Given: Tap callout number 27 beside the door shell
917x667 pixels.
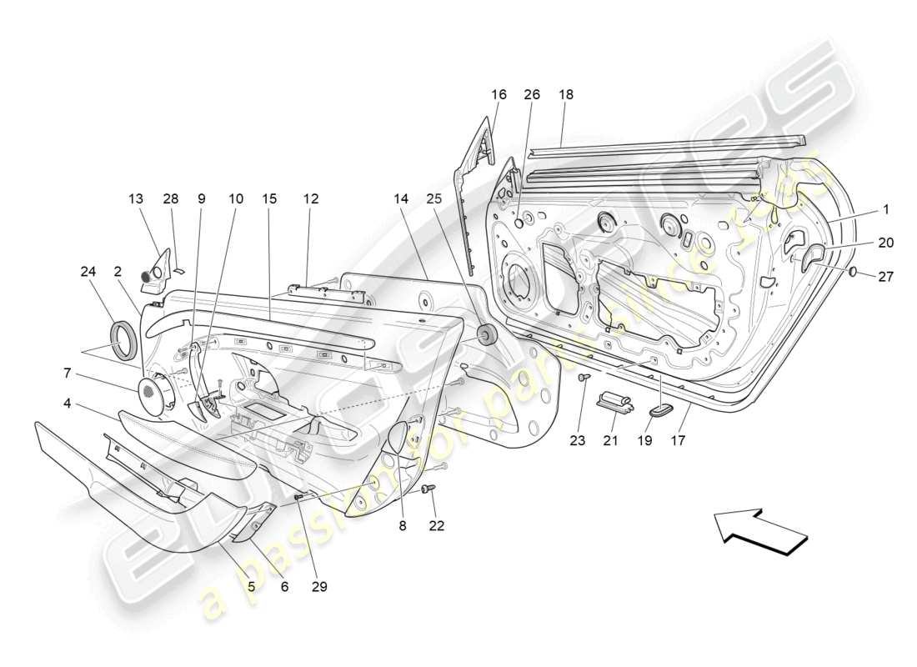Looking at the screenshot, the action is pos(885,277).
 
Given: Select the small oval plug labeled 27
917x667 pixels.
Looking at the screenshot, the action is pos(855,273).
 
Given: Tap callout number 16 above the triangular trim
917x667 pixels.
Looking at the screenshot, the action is pos(499,95).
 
